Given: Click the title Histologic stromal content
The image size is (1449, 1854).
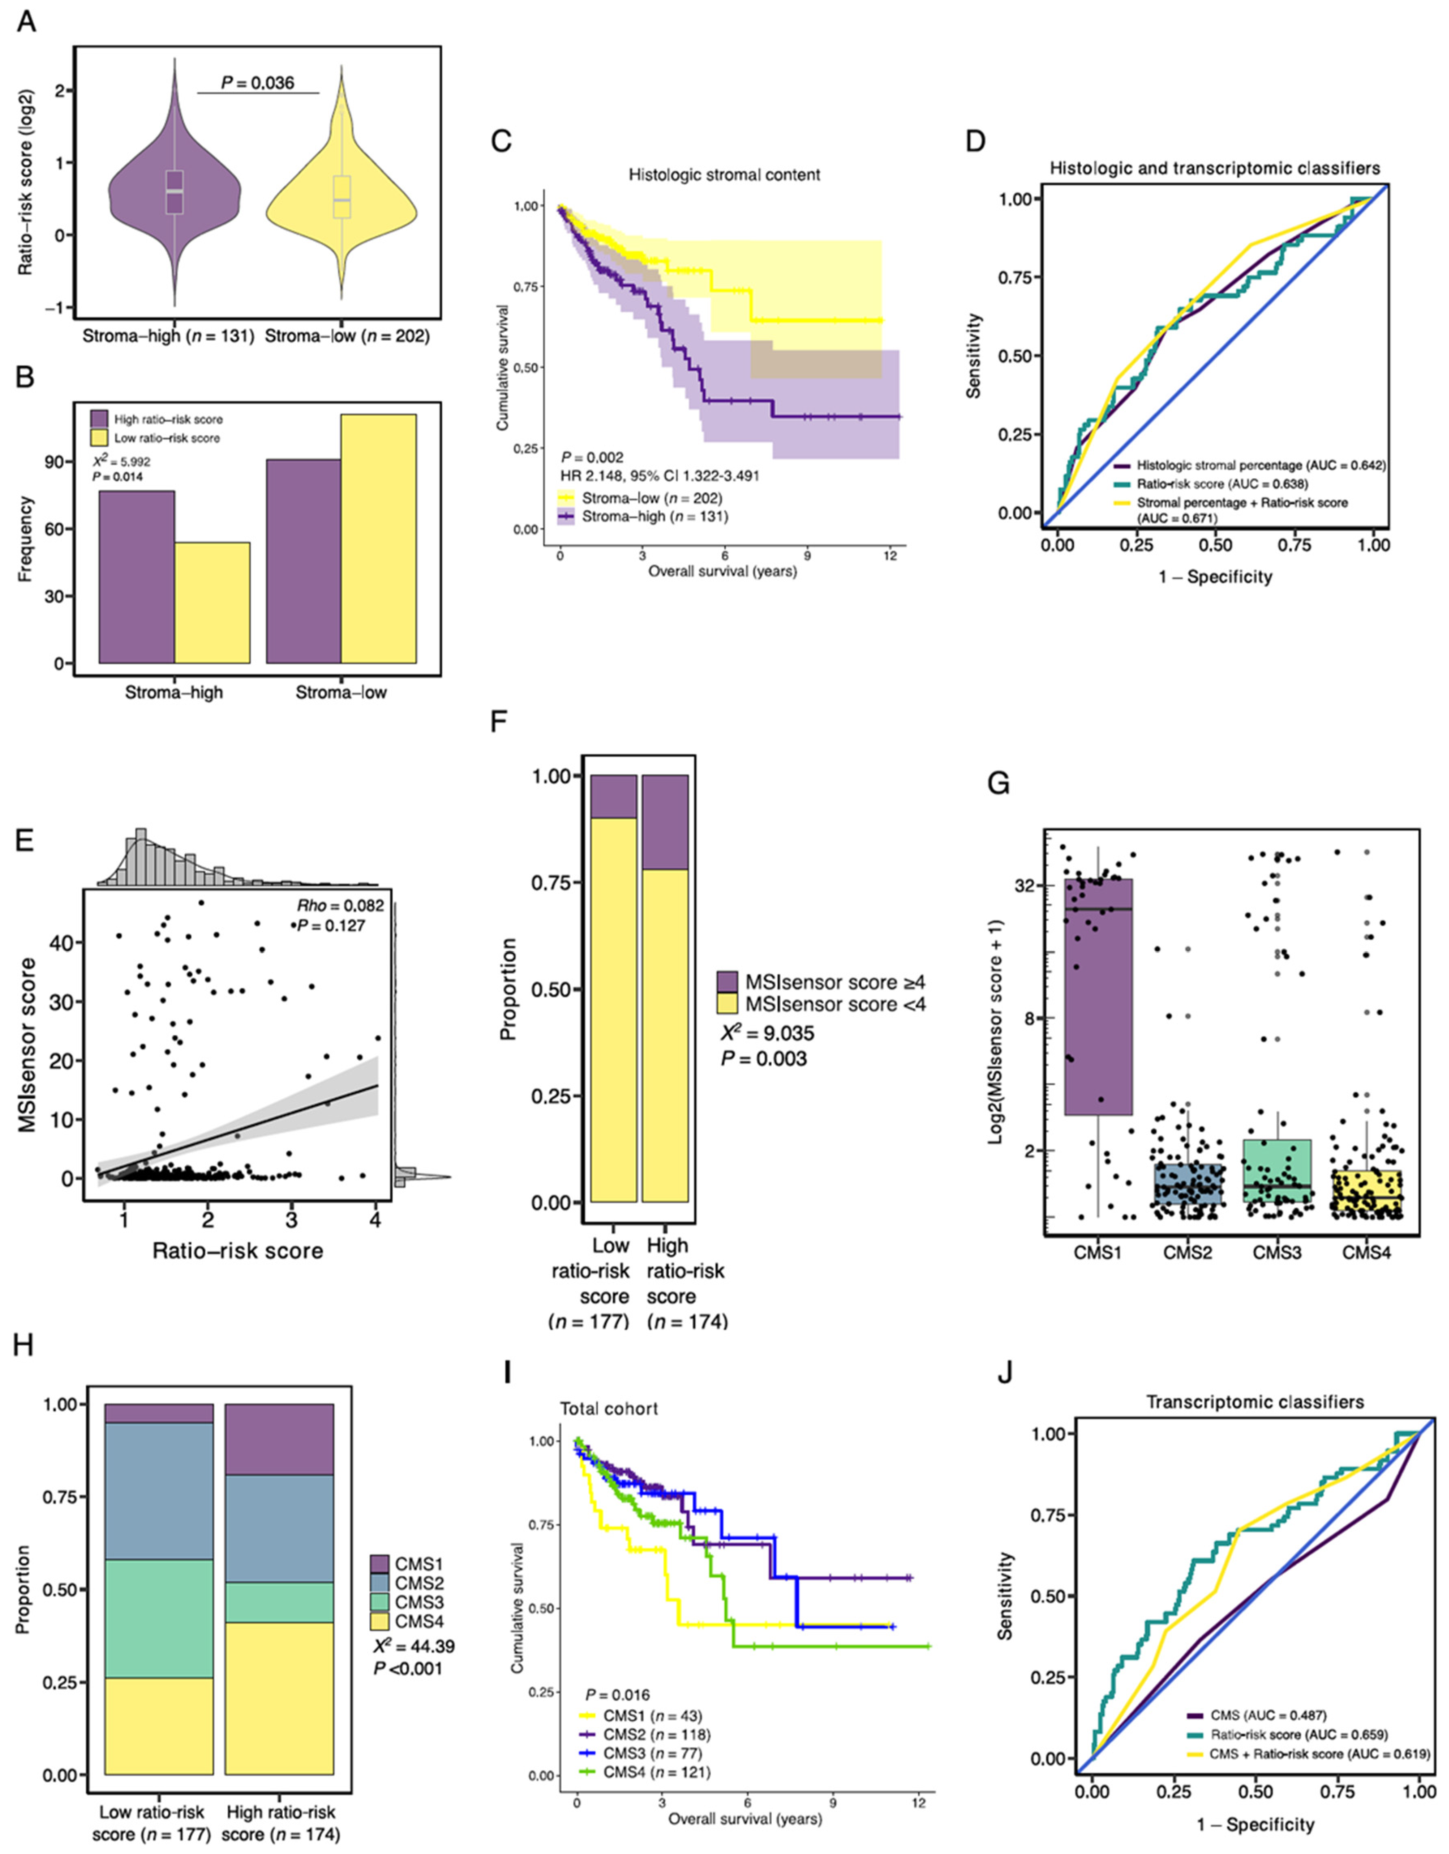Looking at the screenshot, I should click(x=724, y=175).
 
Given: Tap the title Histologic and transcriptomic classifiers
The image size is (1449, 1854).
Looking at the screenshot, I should click(x=1215, y=168).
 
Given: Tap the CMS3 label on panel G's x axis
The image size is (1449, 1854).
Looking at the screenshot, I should click(x=1277, y=1252).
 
